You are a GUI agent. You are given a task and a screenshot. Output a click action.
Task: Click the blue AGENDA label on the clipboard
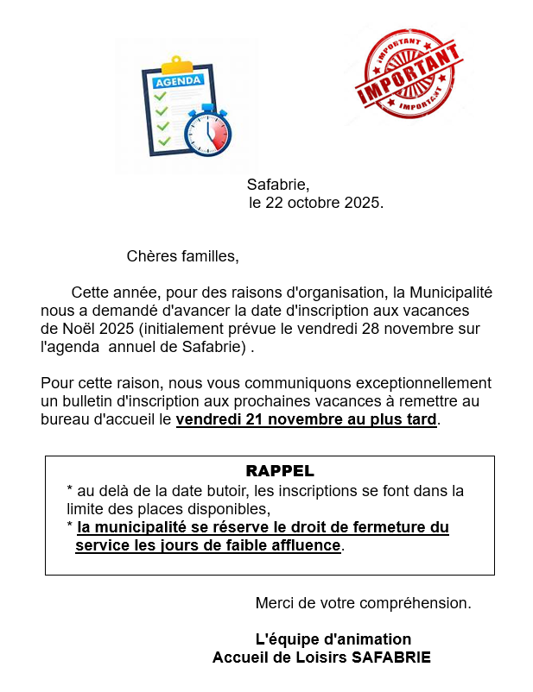(178, 80)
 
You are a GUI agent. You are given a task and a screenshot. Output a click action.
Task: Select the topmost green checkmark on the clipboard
(160, 96)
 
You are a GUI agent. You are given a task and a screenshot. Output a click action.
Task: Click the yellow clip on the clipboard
(177, 65)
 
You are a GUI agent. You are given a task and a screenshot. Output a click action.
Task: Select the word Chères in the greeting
(149, 256)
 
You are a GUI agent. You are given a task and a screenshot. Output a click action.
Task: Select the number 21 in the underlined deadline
(241, 420)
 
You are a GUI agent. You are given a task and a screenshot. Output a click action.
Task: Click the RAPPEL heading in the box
(280, 471)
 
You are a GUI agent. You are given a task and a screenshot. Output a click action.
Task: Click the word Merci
(274, 603)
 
